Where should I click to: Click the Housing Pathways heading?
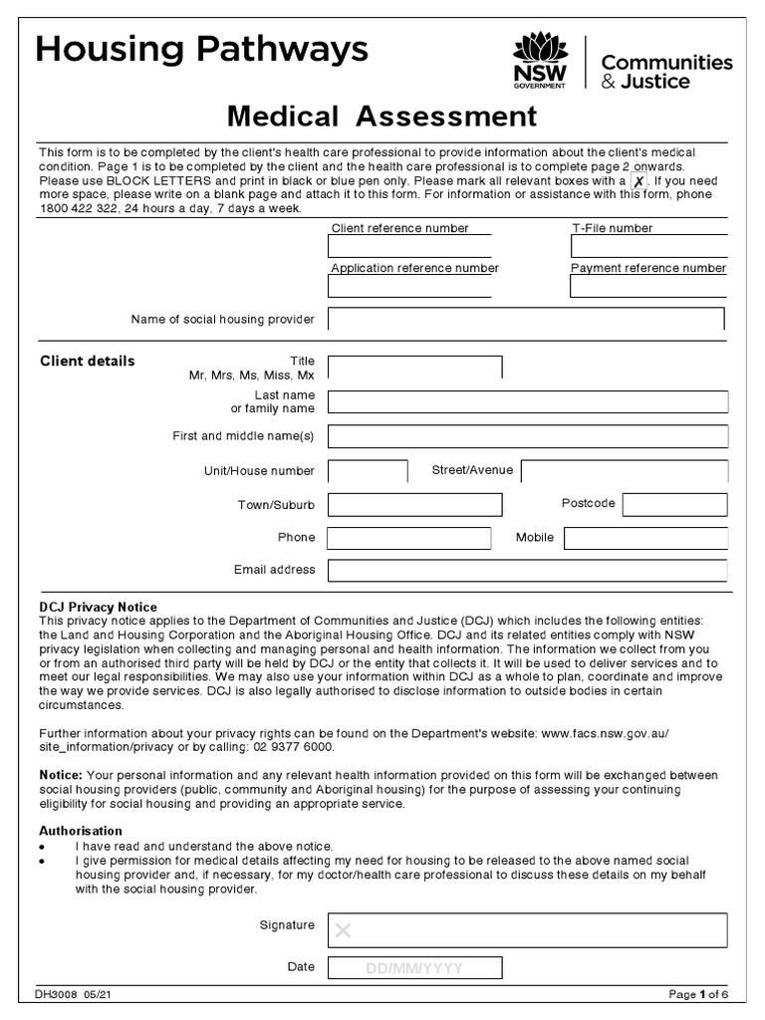[x=202, y=49]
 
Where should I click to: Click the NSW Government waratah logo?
[x=538, y=61]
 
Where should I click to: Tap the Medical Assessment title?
[x=382, y=117]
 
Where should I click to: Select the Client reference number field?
[x=409, y=247]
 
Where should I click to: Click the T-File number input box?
[x=648, y=247]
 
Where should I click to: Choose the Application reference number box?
[x=409, y=287]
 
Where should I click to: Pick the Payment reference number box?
[x=648, y=287]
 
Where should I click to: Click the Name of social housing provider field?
[x=526, y=319]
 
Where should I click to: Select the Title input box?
[x=414, y=368]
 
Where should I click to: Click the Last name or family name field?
[x=528, y=401]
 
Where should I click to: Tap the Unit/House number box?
[x=368, y=471]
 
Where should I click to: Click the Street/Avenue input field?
[x=625, y=471]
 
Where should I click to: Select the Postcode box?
[x=674, y=505]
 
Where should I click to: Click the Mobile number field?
[x=645, y=538]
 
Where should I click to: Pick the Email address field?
[x=527, y=571]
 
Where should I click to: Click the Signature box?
[x=527, y=930]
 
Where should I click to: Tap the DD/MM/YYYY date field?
[x=414, y=967]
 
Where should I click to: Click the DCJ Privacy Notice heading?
[x=98, y=607]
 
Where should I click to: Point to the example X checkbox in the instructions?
[x=638, y=182]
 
